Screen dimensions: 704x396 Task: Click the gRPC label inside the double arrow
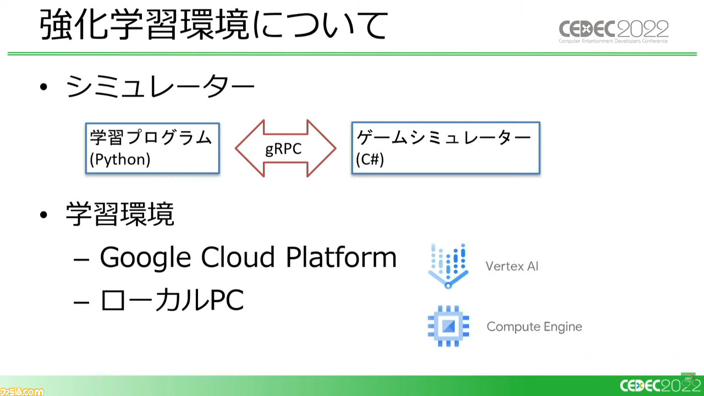[x=283, y=149]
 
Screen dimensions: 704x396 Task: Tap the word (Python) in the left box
[x=120, y=159]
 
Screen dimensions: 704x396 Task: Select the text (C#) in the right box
[x=370, y=159]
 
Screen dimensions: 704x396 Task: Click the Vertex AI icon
[x=448, y=266]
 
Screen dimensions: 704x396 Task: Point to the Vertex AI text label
[x=512, y=267]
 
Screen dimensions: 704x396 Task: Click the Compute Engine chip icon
[x=448, y=326]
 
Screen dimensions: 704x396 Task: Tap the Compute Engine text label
[x=534, y=327]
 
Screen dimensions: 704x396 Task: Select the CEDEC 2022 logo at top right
[x=613, y=31]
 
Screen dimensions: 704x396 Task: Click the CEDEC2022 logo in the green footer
[x=660, y=386]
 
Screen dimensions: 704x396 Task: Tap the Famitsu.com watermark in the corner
[x=22, y=392]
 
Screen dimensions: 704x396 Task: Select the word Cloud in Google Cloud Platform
[x=238, y=257]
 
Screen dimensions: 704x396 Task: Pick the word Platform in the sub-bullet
[x=342, y=257]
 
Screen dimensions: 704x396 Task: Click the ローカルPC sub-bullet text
[x=172, y=300]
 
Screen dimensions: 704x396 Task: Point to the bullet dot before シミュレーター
[x=43, y=87]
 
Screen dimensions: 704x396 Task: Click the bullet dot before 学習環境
[x=43, y=215]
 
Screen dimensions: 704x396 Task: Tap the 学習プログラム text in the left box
[x=151, y=137]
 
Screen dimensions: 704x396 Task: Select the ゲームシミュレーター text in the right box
[x=444, y=137]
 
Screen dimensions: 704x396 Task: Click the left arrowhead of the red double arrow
[x=250, y=148]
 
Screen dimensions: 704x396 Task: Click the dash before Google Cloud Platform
[x=81, y=260]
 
